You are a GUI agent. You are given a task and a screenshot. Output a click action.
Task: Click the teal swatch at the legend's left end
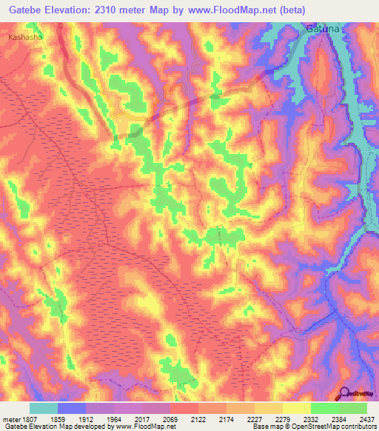44,408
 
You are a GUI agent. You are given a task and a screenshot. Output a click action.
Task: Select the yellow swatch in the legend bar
297,408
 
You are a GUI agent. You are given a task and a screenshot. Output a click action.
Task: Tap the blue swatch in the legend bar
72,408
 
